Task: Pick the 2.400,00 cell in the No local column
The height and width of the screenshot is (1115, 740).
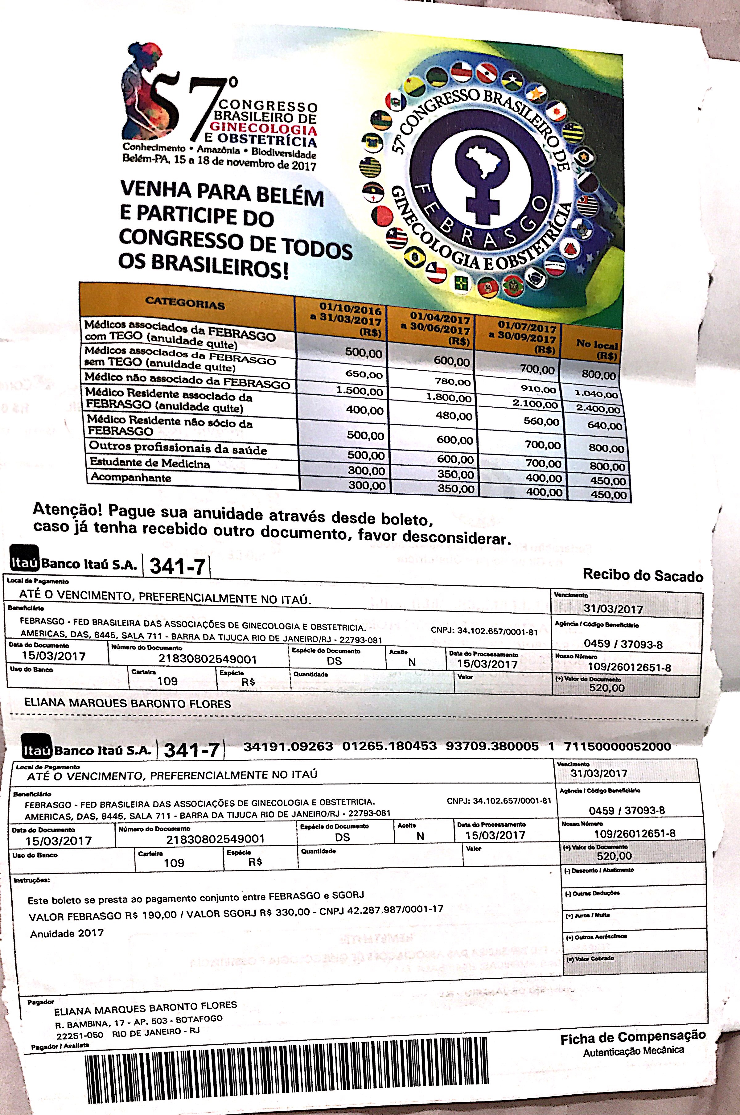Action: click(598, 409)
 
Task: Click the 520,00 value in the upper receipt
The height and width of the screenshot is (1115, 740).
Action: click(606, 688)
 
